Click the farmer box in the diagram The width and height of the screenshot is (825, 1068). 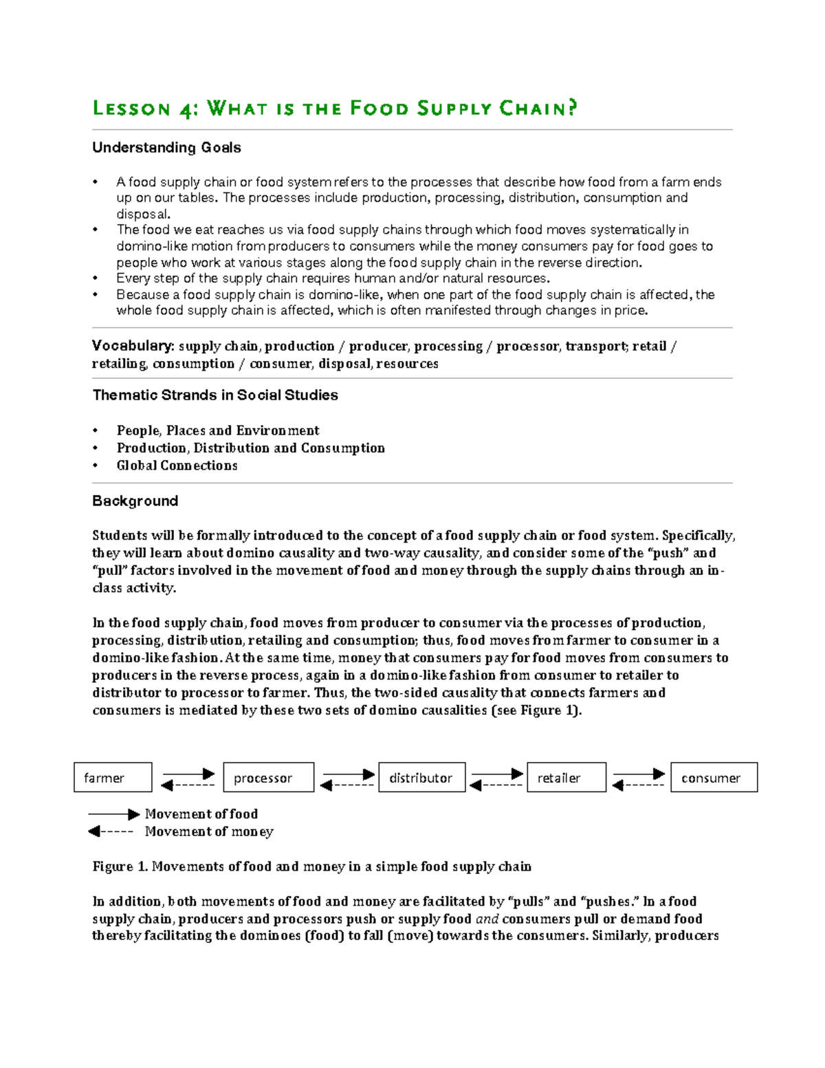tap(113, 777)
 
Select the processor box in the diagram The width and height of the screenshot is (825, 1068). tap(268, 777)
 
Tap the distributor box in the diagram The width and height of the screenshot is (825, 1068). tap(421, 777)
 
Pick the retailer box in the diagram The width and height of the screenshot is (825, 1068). tap(566, 777)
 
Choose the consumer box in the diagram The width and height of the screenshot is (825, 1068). tap(714, 777)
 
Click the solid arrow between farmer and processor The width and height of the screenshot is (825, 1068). tap(188, 774)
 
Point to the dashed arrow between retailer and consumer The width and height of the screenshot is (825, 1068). tap(638, 785)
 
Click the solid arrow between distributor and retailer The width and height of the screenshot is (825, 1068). tap(497, 774)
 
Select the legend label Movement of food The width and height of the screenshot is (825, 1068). tap(201, 814)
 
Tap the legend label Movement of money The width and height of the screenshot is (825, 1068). tap(209, 832)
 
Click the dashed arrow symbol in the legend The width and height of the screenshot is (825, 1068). tap(111, 831)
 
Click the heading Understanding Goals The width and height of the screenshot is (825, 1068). tap(166, 148)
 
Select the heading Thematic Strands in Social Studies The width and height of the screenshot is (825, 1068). tap(215, 395)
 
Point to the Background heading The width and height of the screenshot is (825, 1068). tap(135, 501)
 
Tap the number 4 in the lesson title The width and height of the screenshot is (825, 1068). tap(186, 110)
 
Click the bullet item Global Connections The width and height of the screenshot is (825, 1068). tap(177, 466)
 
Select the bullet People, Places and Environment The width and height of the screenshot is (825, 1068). tap(218, 431)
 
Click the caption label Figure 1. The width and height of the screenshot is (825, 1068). tap(120, 867)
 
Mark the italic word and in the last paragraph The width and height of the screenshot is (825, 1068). tap(487, 919)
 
